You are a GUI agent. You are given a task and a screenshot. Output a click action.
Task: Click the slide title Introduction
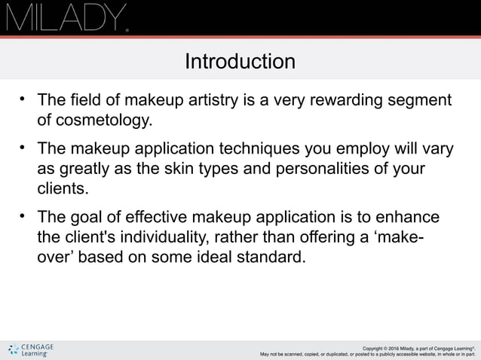240,61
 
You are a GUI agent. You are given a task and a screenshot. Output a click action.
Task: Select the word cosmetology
103,120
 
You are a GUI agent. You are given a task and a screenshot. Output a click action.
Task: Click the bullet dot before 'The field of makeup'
23,98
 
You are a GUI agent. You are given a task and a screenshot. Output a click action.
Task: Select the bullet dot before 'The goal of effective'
23,215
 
